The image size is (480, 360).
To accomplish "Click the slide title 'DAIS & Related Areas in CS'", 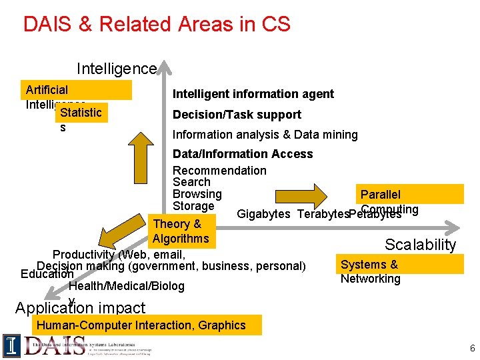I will coord(157,25).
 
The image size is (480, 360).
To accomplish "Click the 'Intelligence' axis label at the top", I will coord(116,69).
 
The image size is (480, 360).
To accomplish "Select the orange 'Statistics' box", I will coord(80,113).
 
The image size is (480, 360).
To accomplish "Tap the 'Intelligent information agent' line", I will coord(253,94).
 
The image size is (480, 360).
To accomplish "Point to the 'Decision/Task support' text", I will coord(237,115).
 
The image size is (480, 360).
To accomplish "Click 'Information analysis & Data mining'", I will coord(265,135).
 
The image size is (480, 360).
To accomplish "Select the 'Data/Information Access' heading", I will coord(243,154).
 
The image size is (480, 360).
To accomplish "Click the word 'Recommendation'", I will coord(219,171).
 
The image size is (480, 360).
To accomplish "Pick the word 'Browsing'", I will coord(197,194).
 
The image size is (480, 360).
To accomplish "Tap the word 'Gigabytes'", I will coord(263,214).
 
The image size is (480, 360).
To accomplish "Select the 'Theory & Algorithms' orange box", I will coord(181,231).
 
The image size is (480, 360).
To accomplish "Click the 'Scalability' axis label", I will coord(421,245).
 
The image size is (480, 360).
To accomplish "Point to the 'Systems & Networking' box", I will coord(370,271).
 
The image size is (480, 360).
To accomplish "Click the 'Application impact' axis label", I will coord(80,308).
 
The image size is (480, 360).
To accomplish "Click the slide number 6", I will coord(472,349).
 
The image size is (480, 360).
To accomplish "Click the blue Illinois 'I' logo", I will coord(11,345).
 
